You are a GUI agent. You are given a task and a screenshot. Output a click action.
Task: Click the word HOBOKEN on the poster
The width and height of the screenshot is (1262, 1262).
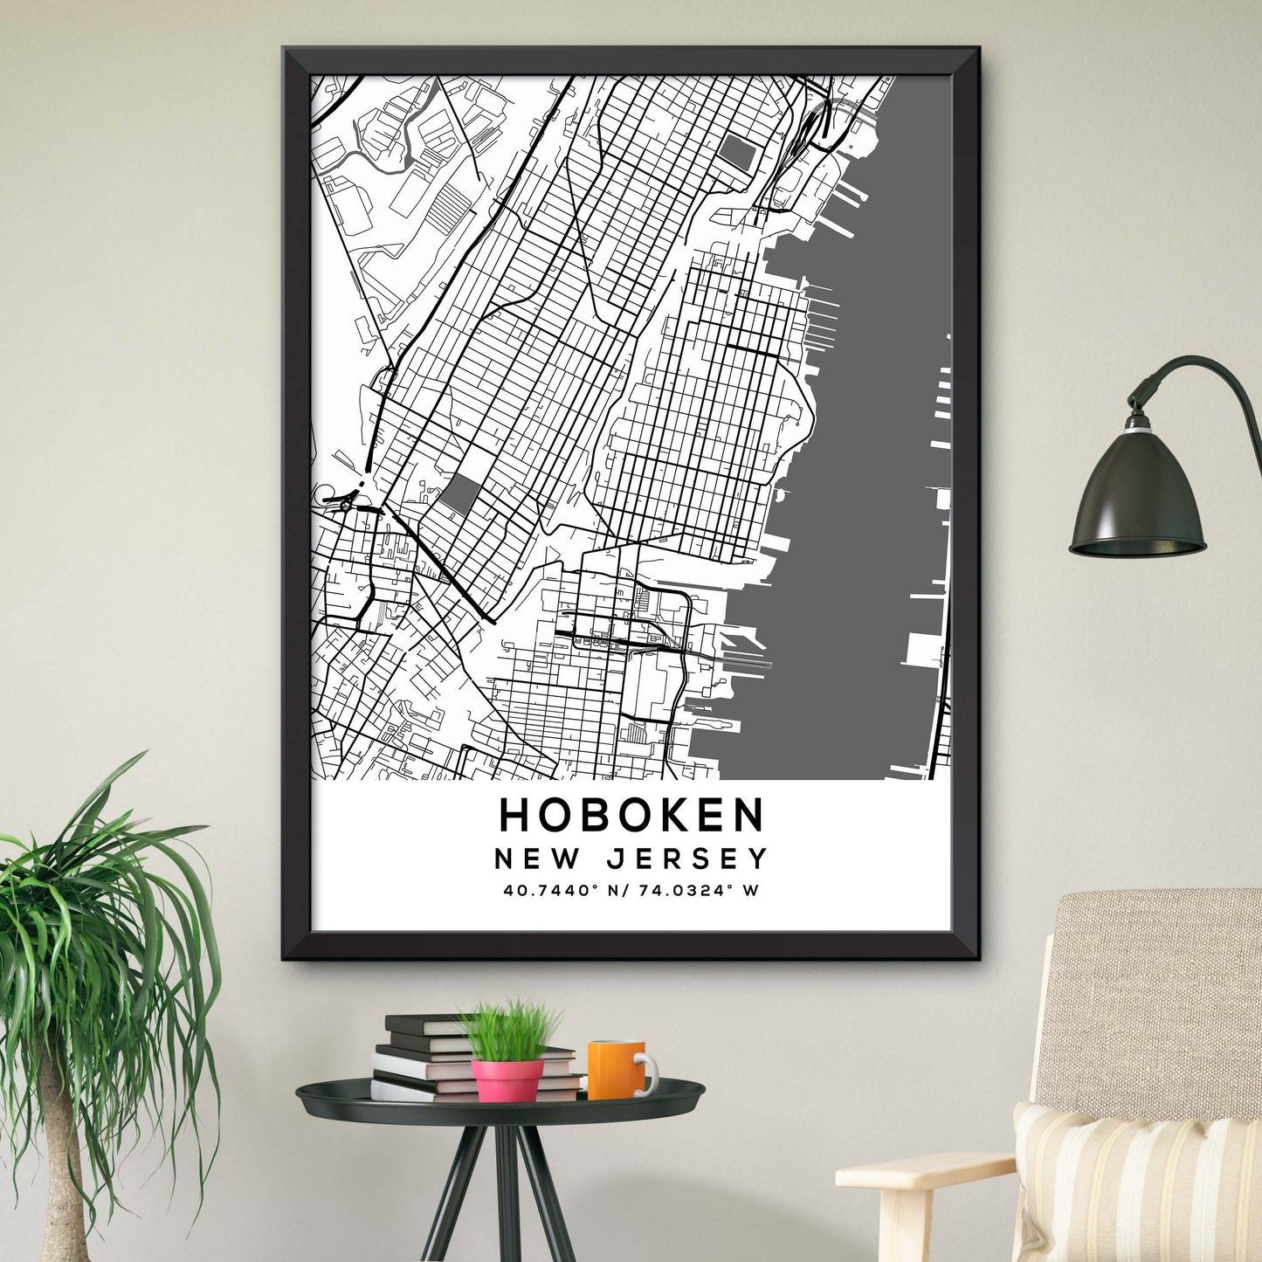(631, 815)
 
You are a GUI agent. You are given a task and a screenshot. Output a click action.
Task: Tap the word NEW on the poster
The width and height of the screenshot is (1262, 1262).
(536, 859)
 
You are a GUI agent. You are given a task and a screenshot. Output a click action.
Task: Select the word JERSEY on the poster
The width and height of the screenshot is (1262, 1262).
(686, 859)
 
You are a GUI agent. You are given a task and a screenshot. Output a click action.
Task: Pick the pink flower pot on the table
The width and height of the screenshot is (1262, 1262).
(507, 1079)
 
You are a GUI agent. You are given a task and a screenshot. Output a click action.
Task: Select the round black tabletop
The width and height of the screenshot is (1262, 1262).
(500, 1102)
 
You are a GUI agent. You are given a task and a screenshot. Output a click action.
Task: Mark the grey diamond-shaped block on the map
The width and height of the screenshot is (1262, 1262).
(459, 496)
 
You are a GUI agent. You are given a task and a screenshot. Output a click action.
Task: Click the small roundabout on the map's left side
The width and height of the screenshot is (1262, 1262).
(347, 505)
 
